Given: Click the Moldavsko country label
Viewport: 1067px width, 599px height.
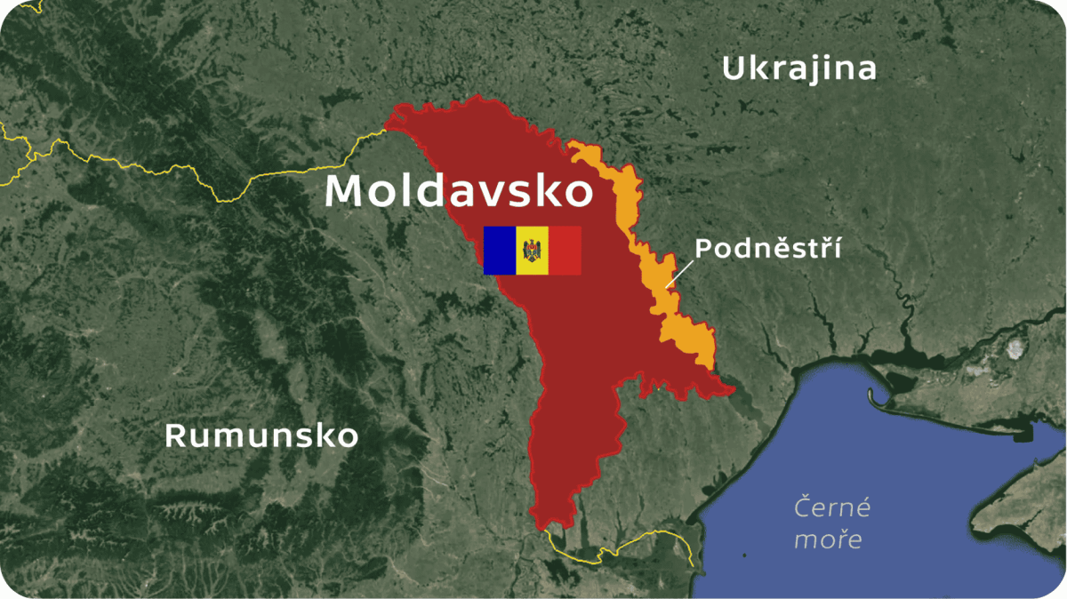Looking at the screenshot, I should (x=458, y=192).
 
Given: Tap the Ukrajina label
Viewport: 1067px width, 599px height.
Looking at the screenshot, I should (x=798, y=68).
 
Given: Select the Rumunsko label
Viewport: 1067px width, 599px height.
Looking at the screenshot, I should (x=261, y=435).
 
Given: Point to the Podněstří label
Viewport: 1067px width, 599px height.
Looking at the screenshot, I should (x=767, y=248).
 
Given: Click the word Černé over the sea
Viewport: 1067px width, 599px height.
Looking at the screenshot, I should (x=832, y=508).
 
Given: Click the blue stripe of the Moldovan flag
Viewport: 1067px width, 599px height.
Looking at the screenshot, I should (x=500, y=250).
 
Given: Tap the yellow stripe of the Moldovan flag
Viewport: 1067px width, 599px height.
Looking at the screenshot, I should (x=533, y=250).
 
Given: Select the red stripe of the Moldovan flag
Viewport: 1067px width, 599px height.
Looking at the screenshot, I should (x=566, y=250).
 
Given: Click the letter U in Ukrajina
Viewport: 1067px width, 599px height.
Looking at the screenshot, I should (x=734, y=68).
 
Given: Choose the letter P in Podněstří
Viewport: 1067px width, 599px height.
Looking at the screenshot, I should (x=703, y=248).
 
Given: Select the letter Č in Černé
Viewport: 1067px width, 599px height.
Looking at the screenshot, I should (x=803, y=508).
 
